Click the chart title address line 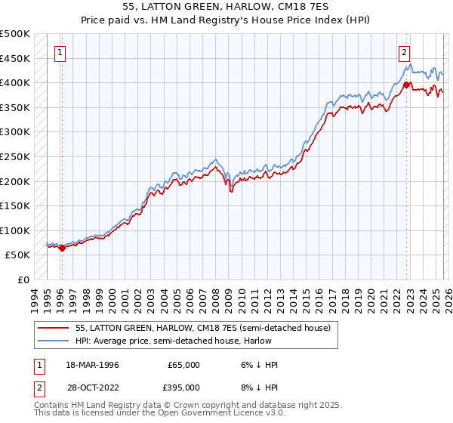(x=226, y=7)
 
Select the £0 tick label (x=23, y=279)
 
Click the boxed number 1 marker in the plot (x=60, y=53)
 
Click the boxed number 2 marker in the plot (x=405, y=53)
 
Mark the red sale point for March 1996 (x=63, y=248)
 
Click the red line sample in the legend (x=53, y=329)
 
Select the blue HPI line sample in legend (x=53, y=341)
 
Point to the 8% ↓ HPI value (x=259, y=387)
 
